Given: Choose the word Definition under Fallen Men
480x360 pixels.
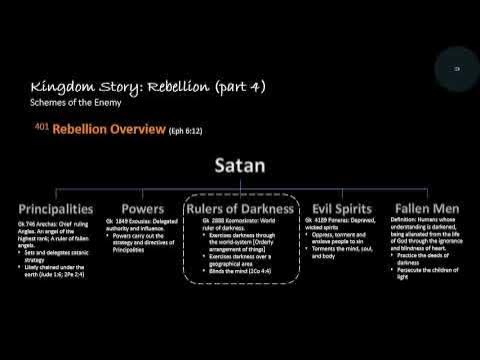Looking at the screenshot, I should coord(398,220).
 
